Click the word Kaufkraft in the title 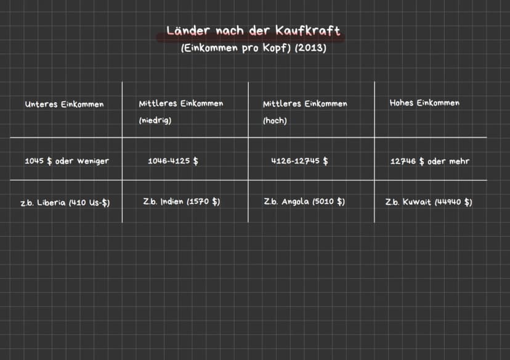[308, 31]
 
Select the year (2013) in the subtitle [310, 48]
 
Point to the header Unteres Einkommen [65, 104]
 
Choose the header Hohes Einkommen [424, 103]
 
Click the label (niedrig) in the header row [155, 120]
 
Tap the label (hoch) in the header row [275, 120]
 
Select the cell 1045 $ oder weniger [67, 161]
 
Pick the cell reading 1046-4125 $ [173, 161]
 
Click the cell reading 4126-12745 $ [299, 161]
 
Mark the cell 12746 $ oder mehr [430, 161]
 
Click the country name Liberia [51, 202]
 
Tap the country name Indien [172, 202]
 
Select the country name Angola [295, 202]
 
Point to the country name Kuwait [416, 202]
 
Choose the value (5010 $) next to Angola [328, 202]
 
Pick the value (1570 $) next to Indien [203, 202]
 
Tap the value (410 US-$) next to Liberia [89, 203]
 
